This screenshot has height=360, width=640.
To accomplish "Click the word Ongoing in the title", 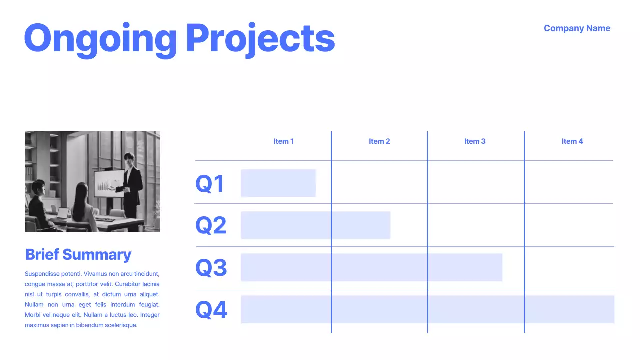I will click(x=100, y=39).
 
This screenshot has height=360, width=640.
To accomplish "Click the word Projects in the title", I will click(x=260, y=39).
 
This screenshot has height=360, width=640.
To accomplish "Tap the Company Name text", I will click(x=577, y=28).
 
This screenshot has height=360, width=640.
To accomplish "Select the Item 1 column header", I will click(x=283, y=141).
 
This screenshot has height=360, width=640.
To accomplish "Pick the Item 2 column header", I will click(x=379, y=141).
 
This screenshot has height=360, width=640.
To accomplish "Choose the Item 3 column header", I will click(x=475, y=141).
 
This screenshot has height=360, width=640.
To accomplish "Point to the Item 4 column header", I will click(x=572, y=141).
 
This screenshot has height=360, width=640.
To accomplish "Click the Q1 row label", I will click(x=210, y=184).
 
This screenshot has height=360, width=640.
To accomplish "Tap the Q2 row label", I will click(x=211, y=225).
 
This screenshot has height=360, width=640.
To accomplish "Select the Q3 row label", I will click(x=211, y=268).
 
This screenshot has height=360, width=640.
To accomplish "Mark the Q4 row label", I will click(x=211, y=310).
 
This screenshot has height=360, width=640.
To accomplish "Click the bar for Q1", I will click(x=278, y=183).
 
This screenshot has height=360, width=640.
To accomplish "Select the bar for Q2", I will click(x=315, y=225).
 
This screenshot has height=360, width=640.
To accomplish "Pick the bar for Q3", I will click(x=371, y=267).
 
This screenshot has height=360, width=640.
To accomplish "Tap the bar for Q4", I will click(x=427, y=309).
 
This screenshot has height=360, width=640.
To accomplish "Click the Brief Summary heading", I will click(x=78, y=254).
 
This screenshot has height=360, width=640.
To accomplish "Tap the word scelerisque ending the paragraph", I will click(x=120, y=325).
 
